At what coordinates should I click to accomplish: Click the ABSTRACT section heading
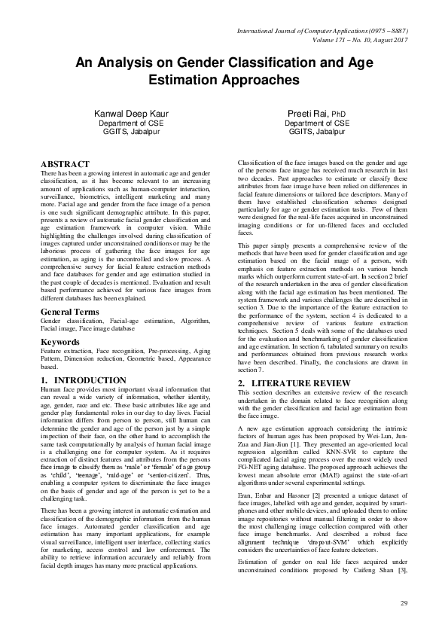65,163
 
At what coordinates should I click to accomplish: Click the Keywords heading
60,342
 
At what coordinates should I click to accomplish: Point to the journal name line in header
322,29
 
